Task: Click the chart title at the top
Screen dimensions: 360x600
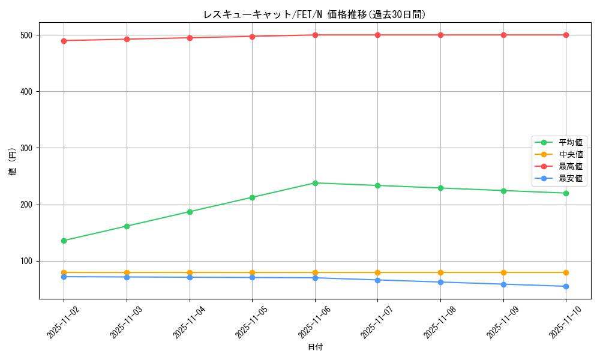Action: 314,14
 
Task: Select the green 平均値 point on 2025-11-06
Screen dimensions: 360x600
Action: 315,183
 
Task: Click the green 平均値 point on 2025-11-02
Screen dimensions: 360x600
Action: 64,241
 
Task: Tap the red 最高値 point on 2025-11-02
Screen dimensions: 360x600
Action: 64,41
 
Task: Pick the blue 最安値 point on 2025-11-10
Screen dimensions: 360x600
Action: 566,286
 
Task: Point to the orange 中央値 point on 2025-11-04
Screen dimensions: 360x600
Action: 190,272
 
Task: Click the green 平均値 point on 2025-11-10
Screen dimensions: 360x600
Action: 566,193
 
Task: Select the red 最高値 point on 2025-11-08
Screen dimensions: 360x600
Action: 440,35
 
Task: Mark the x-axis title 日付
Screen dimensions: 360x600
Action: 315,347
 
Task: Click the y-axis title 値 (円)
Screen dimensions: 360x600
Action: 13,162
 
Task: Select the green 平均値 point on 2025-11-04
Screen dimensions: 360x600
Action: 190,212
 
